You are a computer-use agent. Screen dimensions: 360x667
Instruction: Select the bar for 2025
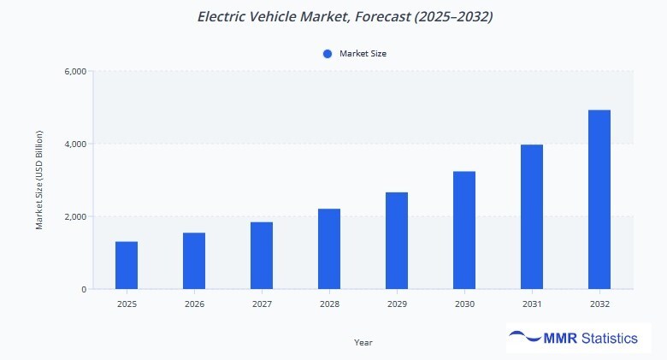point(127,265)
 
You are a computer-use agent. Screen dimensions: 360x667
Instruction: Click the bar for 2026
point(194,261)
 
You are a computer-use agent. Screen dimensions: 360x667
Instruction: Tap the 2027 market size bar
point(262,256)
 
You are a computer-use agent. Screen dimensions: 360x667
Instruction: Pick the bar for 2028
point(329,249)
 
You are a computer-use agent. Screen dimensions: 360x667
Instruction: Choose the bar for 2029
point(397,240)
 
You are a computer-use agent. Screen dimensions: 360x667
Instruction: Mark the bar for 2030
point(464,230)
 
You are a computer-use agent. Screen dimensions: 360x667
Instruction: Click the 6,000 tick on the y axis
point(75,71)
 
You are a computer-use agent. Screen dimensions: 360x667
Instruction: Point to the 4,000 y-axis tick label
point(75,144)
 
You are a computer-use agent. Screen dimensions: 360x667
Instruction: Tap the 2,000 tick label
point(75,216)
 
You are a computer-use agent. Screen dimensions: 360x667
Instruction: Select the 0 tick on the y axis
point(83,289)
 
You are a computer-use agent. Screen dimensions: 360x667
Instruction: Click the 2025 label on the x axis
point(127,304)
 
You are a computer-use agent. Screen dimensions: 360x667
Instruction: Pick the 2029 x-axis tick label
point(397,304)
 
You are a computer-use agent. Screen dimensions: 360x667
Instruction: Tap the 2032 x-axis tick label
point(599,304)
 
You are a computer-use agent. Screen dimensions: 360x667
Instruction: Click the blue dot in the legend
point(327,54)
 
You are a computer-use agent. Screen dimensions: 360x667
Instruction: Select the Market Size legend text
point(363,54)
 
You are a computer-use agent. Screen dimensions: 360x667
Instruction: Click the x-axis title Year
point(363,342)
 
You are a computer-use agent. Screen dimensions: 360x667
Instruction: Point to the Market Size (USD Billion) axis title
point(39,180)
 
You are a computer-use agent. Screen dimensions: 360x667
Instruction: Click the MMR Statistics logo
point(573,339)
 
